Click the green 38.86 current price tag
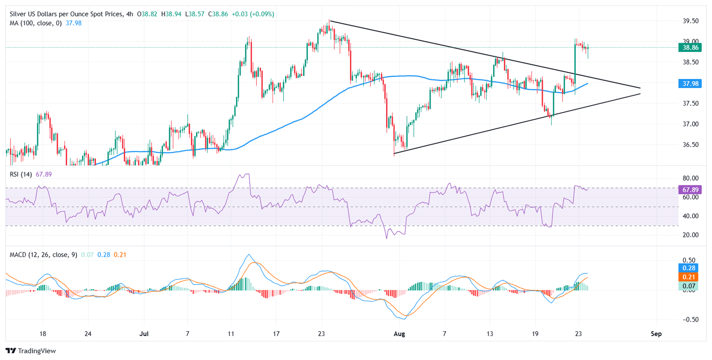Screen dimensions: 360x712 (x=690, y=47)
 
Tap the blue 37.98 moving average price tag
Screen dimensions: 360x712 (x=690, y=83)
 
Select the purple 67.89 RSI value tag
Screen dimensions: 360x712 (x=690, y=189)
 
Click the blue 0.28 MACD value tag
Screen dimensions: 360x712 (x=690, y=268)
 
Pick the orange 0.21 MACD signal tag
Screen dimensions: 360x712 (x=690, y=277)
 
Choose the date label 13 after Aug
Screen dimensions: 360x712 (x=489, y=334)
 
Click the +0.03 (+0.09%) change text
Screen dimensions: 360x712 (x=255, y=14)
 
